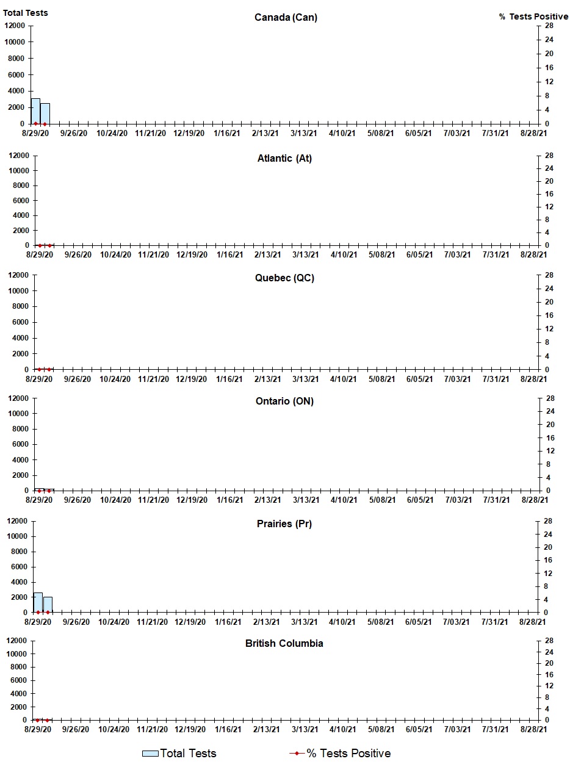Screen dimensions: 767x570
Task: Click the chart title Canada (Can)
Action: (286, 17)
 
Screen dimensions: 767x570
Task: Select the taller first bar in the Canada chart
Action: (35, 111)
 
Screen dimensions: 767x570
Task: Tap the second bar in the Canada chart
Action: (45, 113)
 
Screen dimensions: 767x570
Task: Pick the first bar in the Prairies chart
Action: (38, 602)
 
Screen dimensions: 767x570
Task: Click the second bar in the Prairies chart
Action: (48, 605)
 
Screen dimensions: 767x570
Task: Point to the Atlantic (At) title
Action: (284, 159)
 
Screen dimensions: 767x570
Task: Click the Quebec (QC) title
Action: (284, 278)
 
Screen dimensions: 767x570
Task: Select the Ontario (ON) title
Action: (284, 402)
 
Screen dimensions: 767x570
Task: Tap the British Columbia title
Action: (284, 644)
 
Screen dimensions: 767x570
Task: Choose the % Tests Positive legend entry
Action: (340, 754)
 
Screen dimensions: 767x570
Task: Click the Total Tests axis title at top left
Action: (26, 13)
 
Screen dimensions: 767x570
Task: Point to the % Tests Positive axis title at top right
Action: (533, 16)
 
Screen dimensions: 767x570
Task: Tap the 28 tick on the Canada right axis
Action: (549, 26)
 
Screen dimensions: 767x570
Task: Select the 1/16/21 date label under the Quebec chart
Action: (229, 379)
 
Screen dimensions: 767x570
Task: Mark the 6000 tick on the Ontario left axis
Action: (17, 444)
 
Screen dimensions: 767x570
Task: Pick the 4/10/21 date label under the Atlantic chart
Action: (343, 254)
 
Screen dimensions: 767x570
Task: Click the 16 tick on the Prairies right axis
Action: (548, 560)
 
